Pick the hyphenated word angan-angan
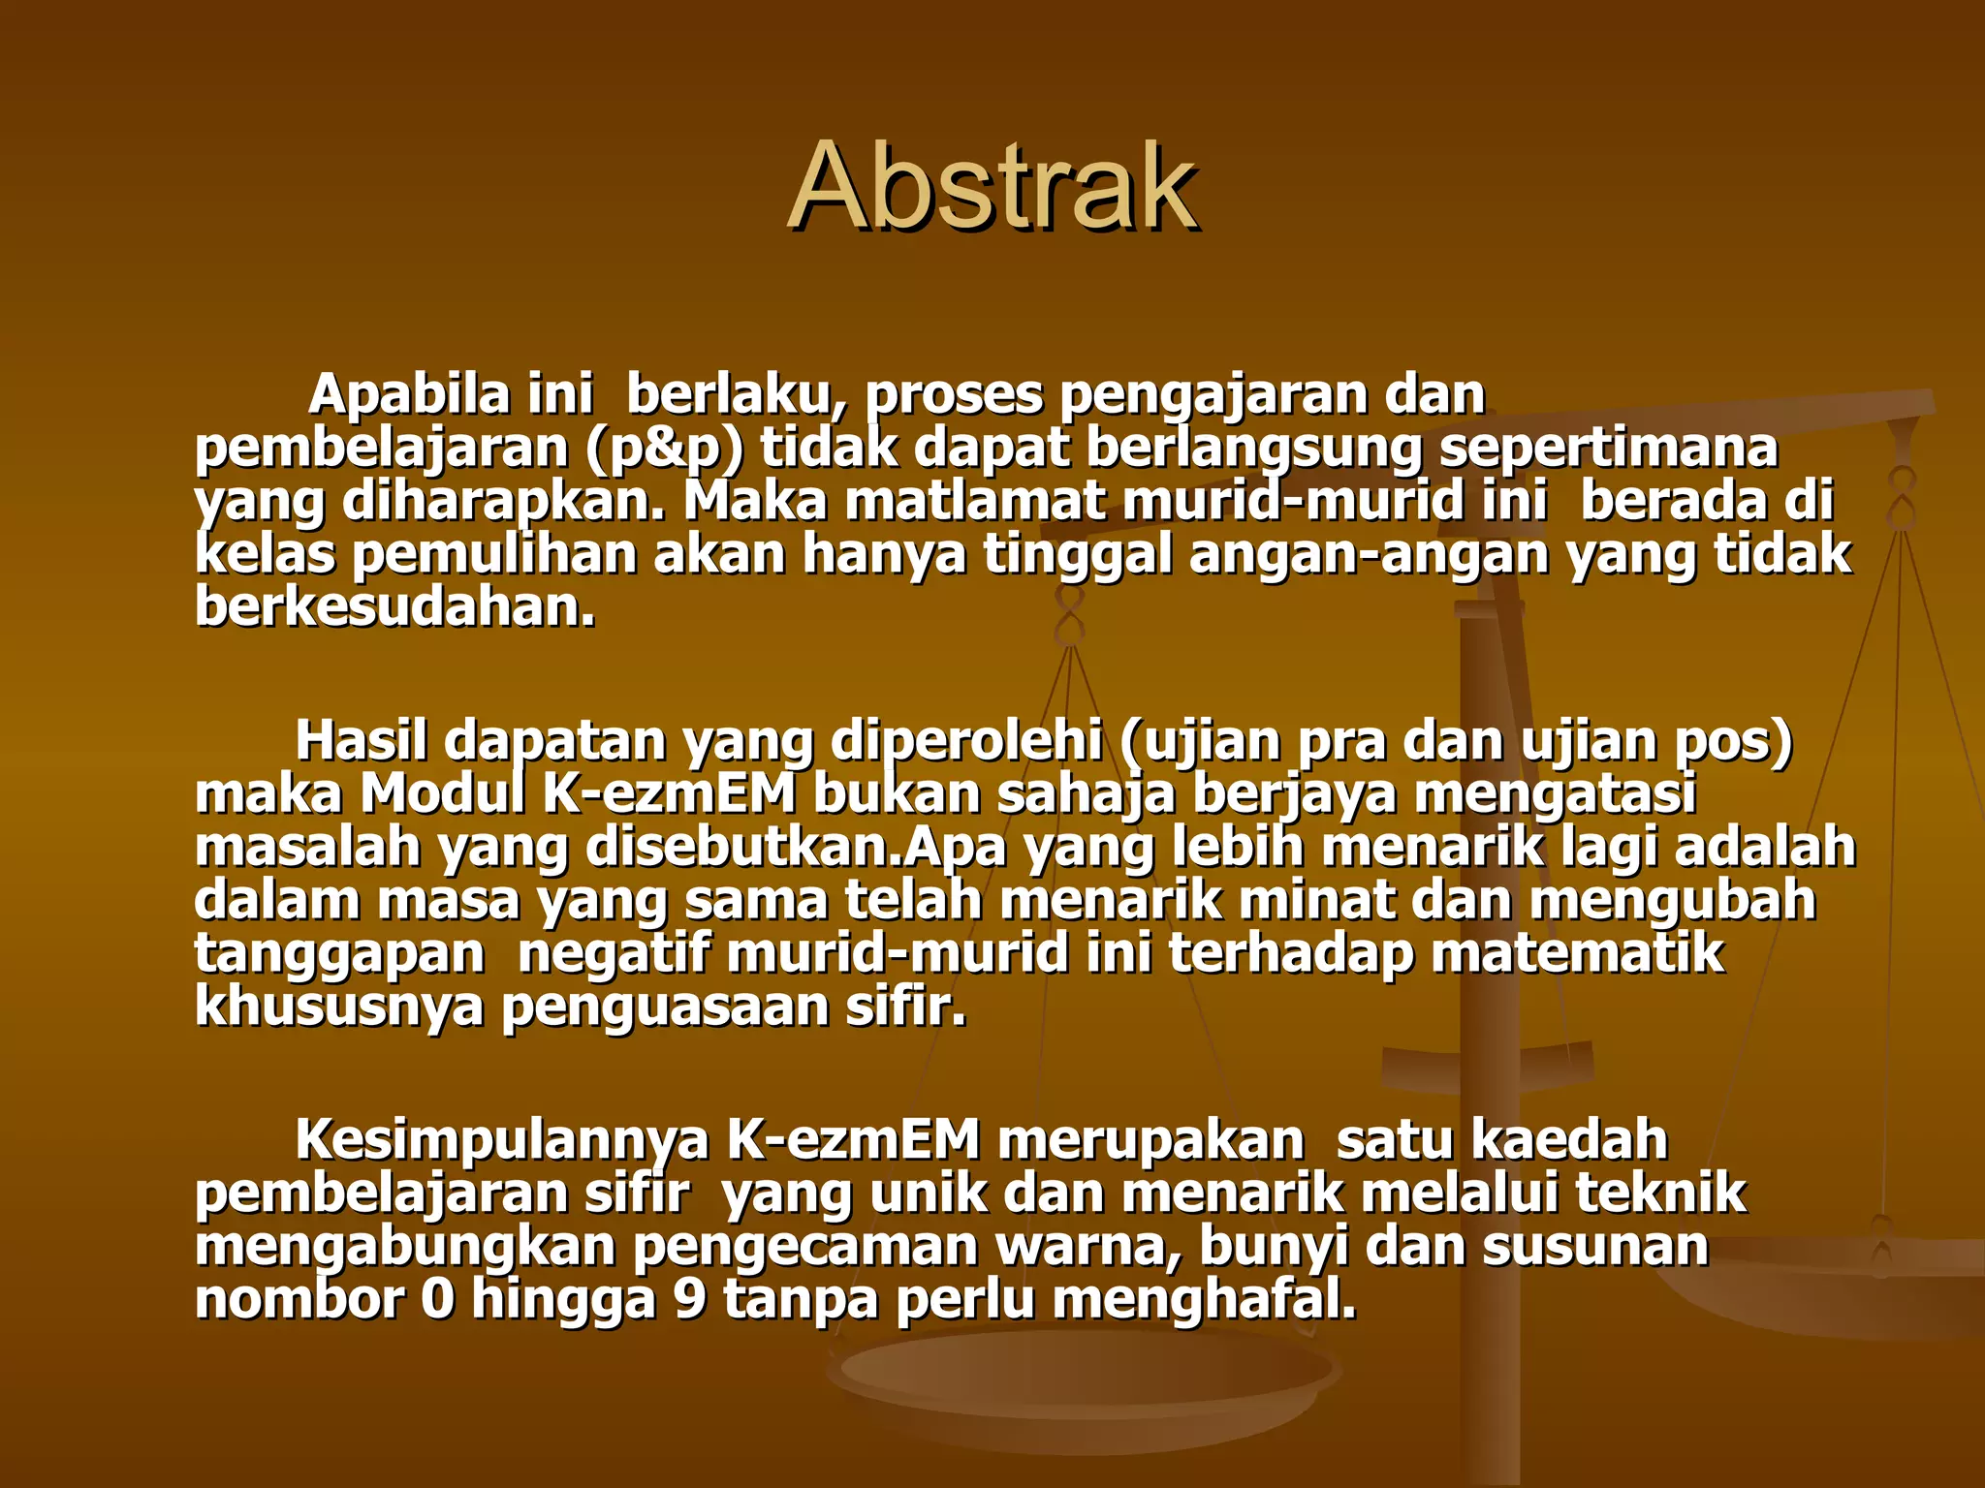pos(1369,555)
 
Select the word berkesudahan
pos(395,608)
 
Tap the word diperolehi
pos(965,741)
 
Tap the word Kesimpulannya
pos(502,1140)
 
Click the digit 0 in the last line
pos(437,1300)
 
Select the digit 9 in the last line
pos(689,1300)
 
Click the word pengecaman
pos(805,1248)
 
